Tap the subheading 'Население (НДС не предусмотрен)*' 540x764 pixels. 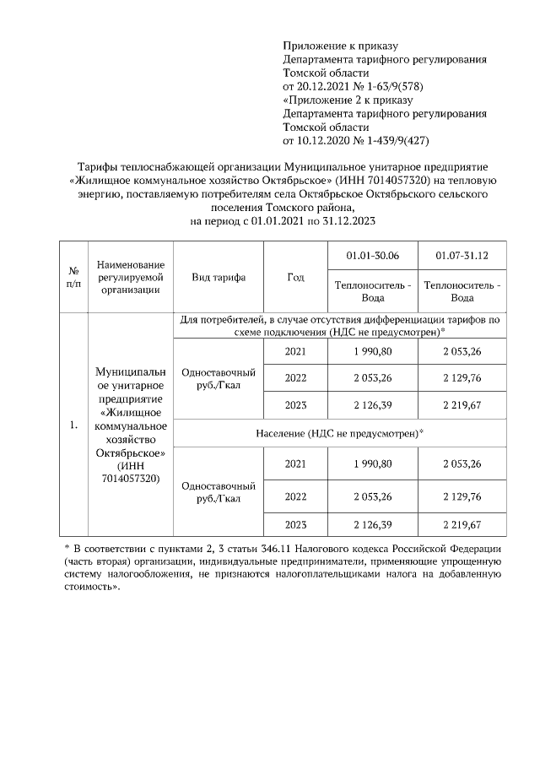point(338,432)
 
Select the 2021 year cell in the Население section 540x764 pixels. point(295,463)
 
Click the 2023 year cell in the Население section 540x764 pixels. point(295,524)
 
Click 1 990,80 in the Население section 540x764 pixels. point(372,463)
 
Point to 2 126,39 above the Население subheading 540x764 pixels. point(372,406)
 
